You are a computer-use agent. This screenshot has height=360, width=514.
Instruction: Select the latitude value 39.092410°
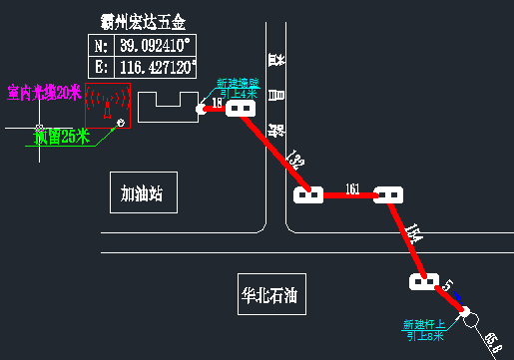pyautogui.click(x=156, y=46)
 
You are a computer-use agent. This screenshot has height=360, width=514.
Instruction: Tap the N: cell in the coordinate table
pyautogui.click(x=101, y=46)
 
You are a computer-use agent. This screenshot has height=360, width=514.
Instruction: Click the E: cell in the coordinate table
pyautogui.click(x=101, y=69)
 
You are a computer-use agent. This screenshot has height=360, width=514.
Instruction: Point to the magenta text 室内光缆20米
pyautogui.click(x=44, y=93)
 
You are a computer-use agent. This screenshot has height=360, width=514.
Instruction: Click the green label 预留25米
pyautogui.click(x=61, y=137)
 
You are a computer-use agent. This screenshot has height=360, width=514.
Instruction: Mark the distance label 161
pyautogui.click(x=350, y=187)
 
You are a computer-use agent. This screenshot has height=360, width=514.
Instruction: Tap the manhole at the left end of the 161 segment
pyautogui.click(x=308, y=194)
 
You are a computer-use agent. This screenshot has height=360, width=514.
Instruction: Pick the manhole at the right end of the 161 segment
pyautogui.click(x=387, y=194)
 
